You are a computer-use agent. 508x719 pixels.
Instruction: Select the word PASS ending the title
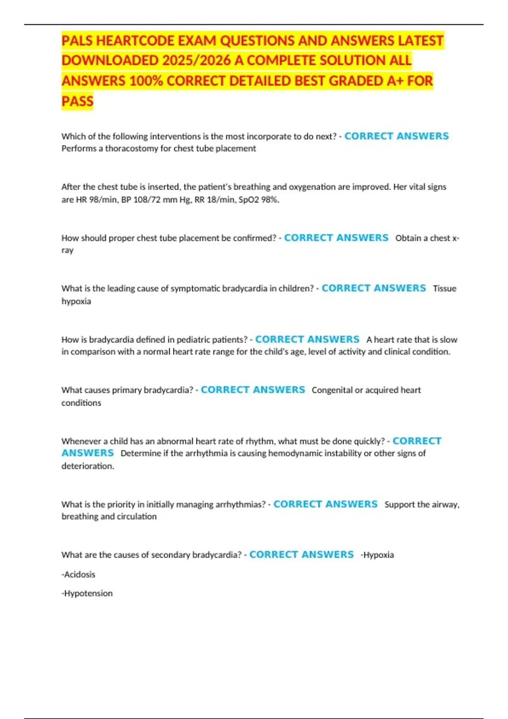77,101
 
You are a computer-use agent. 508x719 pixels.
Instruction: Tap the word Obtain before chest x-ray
408,238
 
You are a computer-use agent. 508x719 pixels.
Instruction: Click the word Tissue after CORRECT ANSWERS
444,288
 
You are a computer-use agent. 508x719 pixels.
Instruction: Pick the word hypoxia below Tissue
76,301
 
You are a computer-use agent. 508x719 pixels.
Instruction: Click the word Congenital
331,390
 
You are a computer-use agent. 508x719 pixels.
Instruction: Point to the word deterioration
88,466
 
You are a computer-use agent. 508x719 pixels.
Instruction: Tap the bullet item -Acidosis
78,574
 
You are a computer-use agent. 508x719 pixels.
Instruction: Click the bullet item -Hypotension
87,593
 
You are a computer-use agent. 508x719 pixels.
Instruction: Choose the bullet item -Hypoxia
377,555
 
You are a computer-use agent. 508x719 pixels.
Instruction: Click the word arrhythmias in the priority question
243,505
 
